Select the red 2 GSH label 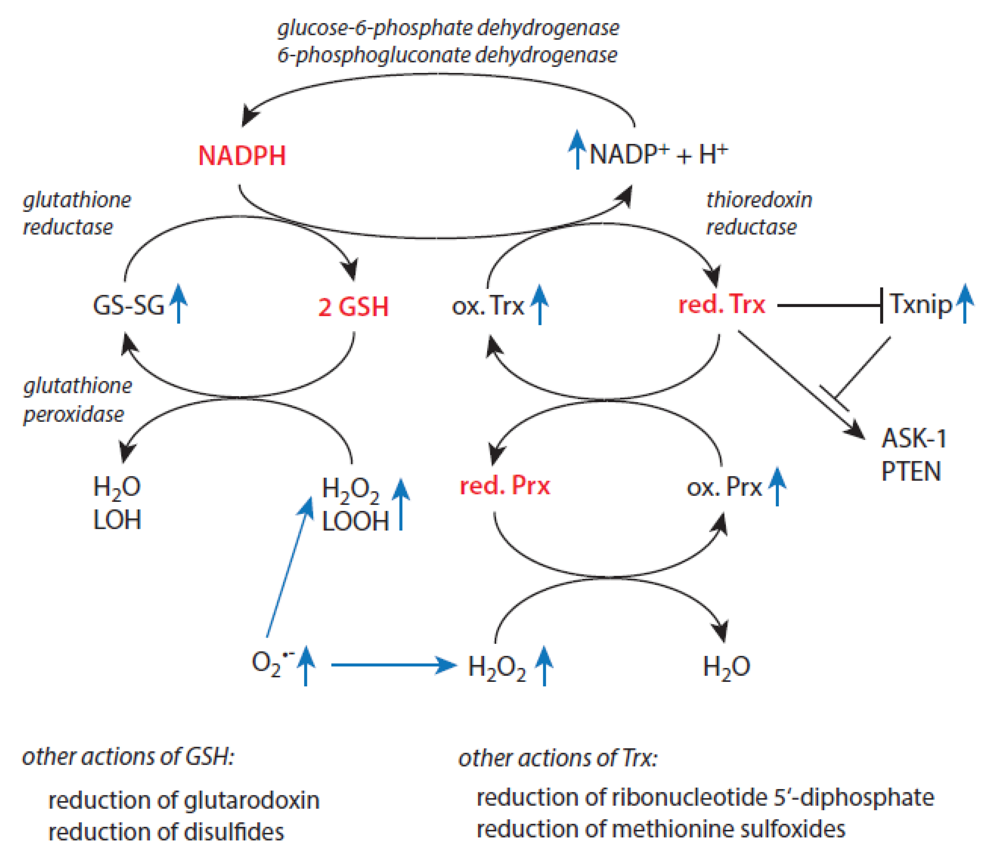(x=353, y=306)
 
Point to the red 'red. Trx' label (x=721, y=304)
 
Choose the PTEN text (x=911, y=471)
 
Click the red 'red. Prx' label (x=505, y=486)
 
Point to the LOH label (x=117, y=520)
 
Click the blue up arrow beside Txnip (x=965, y=304)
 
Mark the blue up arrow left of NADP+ (x=578, y=149)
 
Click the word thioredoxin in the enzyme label (x=759, y=199)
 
